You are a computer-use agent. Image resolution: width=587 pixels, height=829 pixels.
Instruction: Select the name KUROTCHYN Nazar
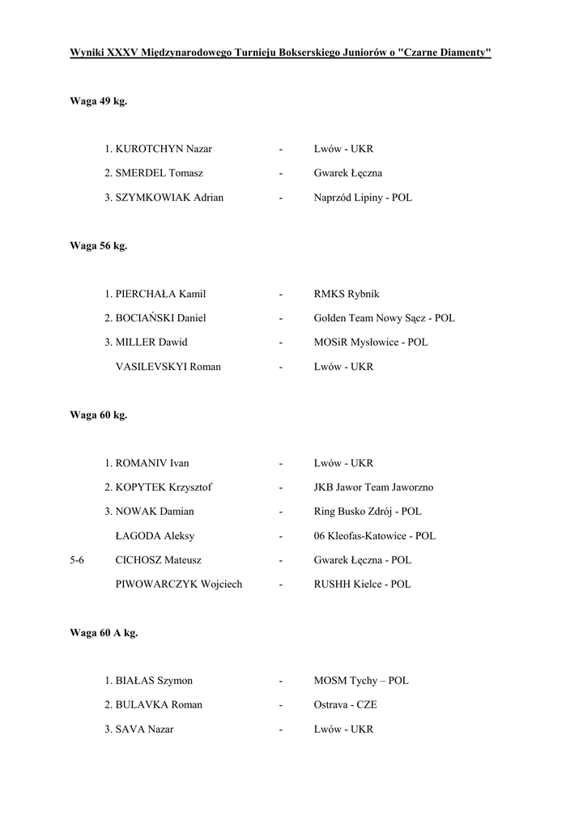pyautogui.click(x=164, y=149)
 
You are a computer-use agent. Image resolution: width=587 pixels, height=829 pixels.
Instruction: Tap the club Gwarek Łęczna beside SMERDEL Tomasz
pyautogui.click(x=348, y=173)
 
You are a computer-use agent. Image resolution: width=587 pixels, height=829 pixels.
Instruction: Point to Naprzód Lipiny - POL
pyautogui.click(x=363, y=198)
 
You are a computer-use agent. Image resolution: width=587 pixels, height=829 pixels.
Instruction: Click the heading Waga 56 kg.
pyautogui.click(x=99, y=246)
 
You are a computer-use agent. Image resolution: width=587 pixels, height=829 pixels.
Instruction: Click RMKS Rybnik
pyautogui.click(x=347, y=294)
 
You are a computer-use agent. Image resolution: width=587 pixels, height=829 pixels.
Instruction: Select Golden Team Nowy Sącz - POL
pyautogui.click(x=385, y=318)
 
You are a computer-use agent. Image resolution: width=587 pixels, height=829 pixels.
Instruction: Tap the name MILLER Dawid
pyautogui.click(x=151, y=342)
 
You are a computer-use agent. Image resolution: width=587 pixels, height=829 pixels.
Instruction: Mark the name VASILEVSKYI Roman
pyautogui.click(x=168, y=367)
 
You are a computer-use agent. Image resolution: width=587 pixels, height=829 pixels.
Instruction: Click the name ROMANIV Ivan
pyautogui.click(x=152, y=463)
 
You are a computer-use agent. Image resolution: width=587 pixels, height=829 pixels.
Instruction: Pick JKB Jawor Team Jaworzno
pyautogui.click(x=374, y=487)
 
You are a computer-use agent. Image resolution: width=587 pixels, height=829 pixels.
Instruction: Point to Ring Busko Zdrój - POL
pyautogui.click(x=368, y=512)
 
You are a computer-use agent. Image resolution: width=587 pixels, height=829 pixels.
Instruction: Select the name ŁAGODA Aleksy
pyautogui.click(x=155, y=536)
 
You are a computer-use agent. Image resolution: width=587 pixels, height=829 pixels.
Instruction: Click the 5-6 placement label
pyautogui.click(x=78, y=560)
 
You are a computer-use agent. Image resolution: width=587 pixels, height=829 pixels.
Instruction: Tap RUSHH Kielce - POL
pyautogui.click(x=362, y=584)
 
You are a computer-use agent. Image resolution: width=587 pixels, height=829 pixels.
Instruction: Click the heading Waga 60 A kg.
pyautogui.click(x=104, y=633)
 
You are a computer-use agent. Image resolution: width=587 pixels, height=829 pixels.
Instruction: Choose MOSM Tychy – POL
pyautogui.click(x=361, y=681)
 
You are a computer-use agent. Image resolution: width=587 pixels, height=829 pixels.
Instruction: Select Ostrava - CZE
pyautogui.click(x=346, y=705)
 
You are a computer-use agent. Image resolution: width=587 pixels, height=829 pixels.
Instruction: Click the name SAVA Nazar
pyautogui.click(x=144, y=729)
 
